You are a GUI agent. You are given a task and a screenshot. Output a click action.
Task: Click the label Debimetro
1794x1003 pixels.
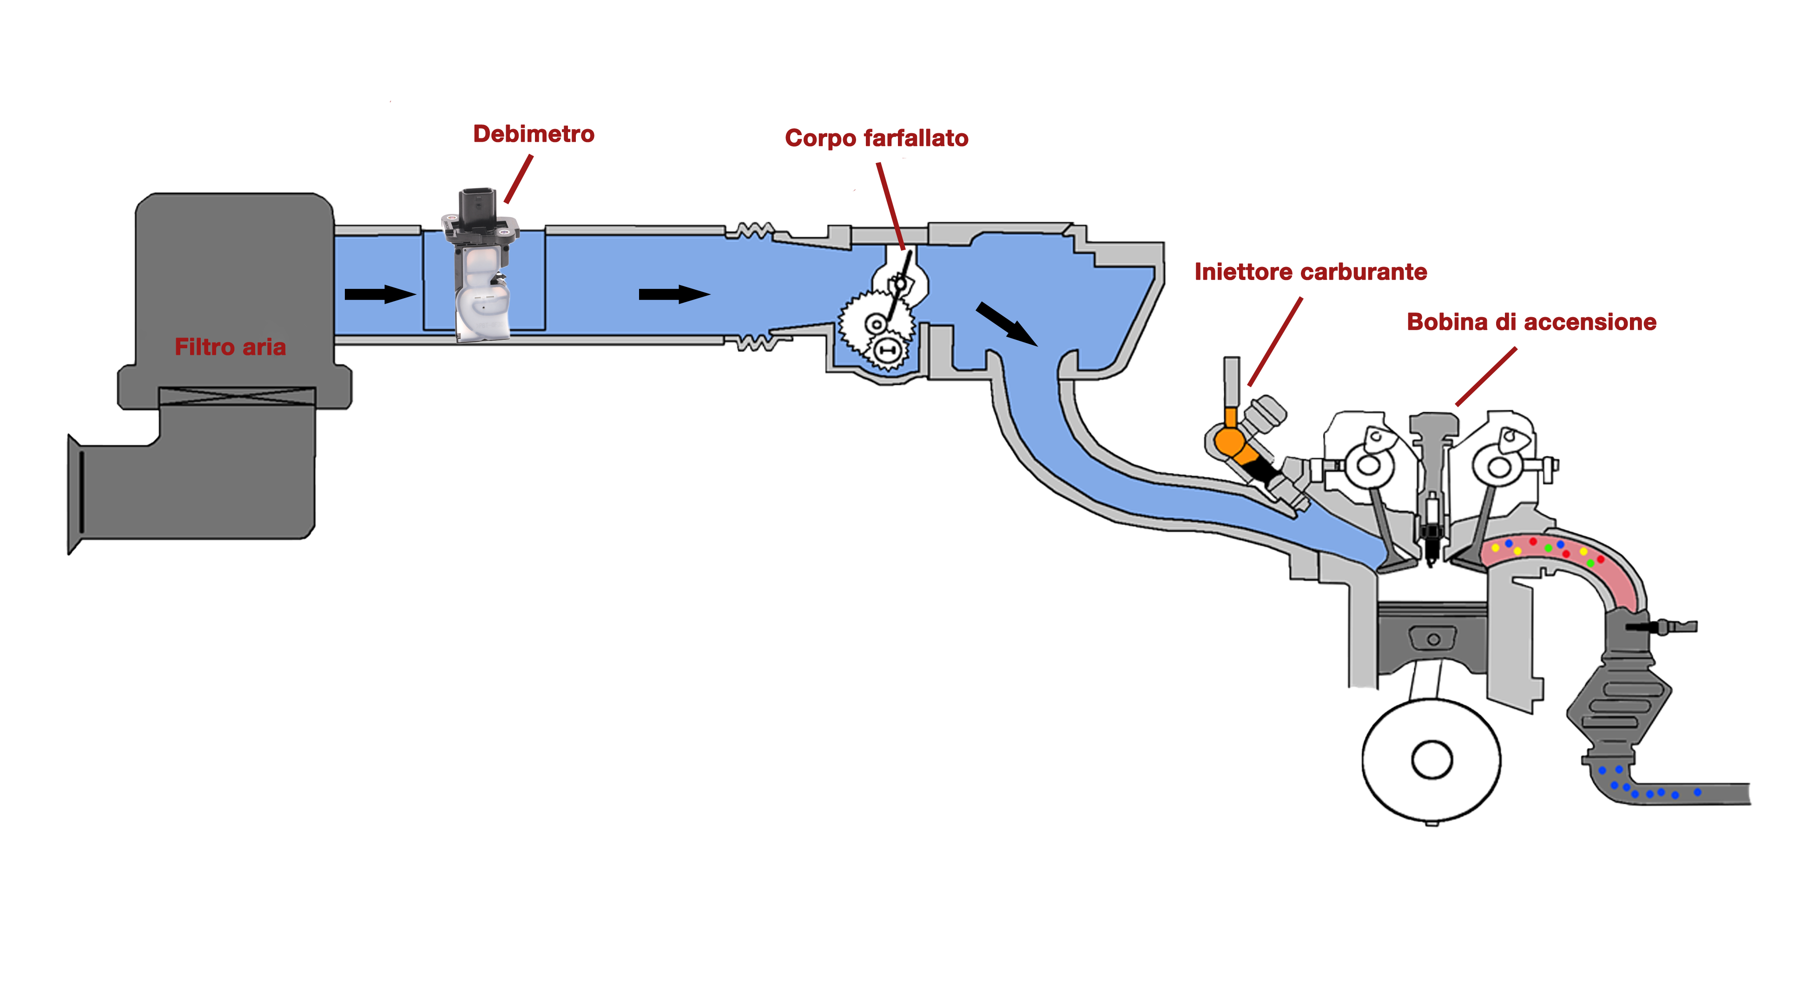pos(534,134)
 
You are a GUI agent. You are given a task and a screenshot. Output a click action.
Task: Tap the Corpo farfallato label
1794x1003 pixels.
pos(876,138)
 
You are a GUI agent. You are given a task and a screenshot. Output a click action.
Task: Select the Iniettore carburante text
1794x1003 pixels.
pos(1310,272)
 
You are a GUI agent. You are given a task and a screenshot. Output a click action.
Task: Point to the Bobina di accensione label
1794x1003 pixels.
pos(1531,322)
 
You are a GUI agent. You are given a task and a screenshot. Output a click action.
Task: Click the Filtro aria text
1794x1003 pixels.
pos(230,346)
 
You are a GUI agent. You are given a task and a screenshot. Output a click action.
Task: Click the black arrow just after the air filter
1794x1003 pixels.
pos(380,294)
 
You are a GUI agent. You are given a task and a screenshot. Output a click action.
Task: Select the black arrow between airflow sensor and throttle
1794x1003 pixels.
pos(673,294)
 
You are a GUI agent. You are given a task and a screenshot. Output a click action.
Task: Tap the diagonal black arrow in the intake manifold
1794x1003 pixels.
pos(1006,324)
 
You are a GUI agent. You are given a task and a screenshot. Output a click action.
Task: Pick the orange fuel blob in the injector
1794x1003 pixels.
pos(1229,441)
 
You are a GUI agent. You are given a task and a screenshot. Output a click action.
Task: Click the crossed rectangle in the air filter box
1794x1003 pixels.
pos(237,396)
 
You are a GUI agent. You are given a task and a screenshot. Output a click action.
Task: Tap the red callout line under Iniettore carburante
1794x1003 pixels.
pos(1274,341)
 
